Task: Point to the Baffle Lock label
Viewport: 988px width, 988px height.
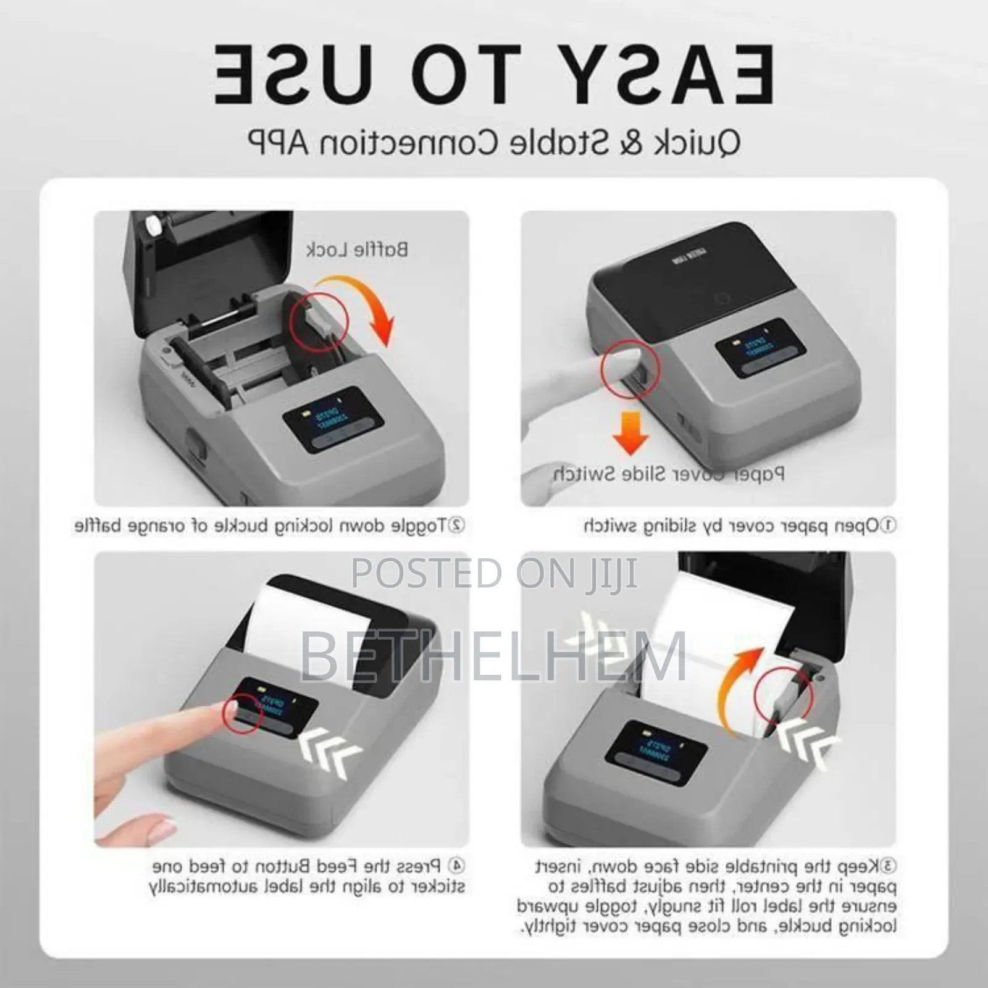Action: (357, 249)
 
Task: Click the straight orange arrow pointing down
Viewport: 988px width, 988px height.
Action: (630, 432)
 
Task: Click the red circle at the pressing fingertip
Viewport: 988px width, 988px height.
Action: (630, 369)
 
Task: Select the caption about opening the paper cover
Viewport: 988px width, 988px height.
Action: (739, 525)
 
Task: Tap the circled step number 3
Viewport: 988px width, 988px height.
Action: (889, 866)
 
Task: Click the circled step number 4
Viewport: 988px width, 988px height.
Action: (457, 866)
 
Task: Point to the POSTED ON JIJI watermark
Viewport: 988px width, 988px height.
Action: (493, 572)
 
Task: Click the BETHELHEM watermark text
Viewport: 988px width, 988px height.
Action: (493, 656)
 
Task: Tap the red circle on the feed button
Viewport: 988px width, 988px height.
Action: (244, 714)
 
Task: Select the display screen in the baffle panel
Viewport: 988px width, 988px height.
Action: (324, 419)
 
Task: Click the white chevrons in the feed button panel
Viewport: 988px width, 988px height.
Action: (330, 753)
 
